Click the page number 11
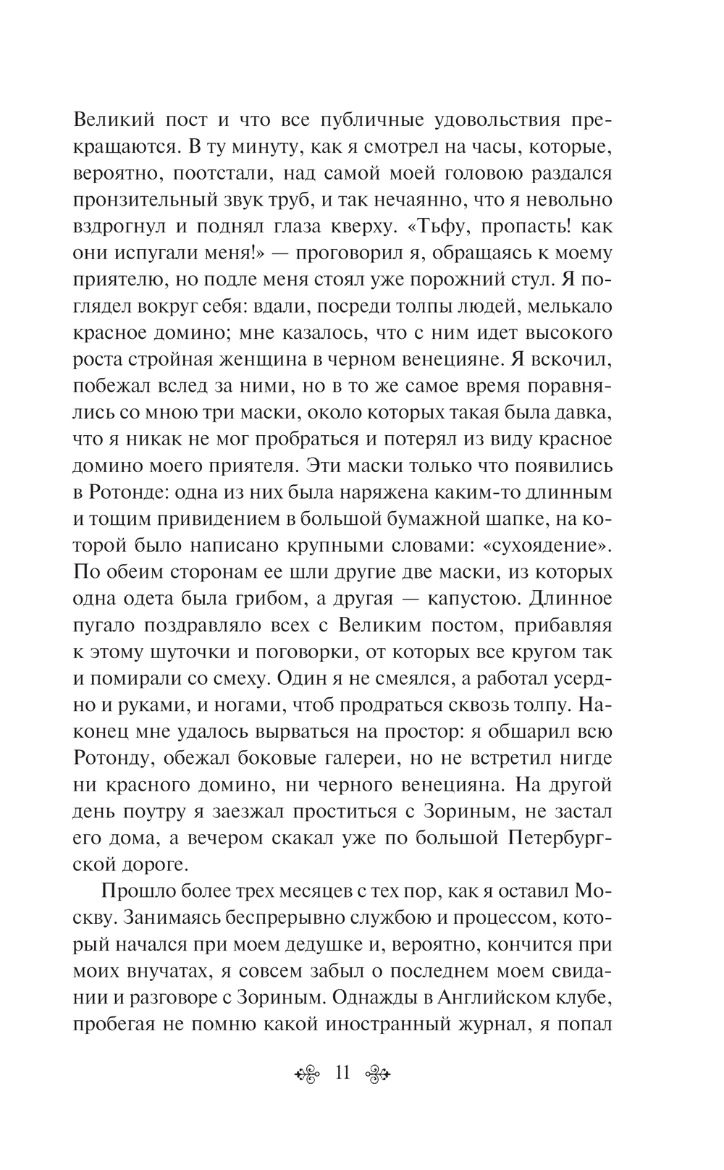pyautogui.click(x=344, y=1073)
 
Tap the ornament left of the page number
pyautogui.click(x=308, y=1074)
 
